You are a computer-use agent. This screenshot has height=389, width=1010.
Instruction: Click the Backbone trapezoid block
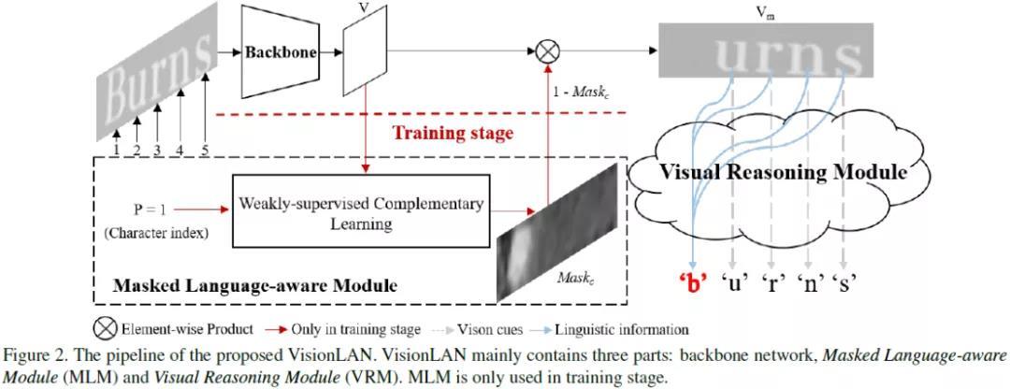tap(281, 52)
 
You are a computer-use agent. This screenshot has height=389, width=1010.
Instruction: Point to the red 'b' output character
tap(692, 284)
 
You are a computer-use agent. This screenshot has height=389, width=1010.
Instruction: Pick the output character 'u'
tap(731, 284)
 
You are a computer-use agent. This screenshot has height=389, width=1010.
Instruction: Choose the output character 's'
tap(844, 284)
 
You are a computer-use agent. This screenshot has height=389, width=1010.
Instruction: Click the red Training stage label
tap(454, 133)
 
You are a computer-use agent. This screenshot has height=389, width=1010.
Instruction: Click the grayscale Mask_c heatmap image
tap(557, 232)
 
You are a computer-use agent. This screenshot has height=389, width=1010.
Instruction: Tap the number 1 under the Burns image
tap(116, 150)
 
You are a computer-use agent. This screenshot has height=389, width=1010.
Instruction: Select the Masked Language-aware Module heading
tap(254, 285)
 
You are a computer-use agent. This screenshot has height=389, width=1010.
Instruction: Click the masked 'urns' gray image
tap(765, 50)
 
